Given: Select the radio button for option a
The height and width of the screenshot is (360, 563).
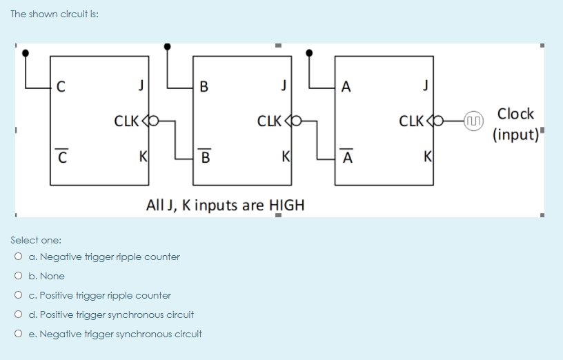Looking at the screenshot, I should pyautogui.click(x=16, y=257).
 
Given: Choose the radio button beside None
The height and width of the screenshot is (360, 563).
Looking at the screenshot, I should pyautogui.click(x=16, y=277).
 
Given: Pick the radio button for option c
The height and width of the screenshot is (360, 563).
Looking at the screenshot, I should pyautogui.click(x=16, y=296).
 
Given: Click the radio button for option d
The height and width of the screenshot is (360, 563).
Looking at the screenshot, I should pyautogui.click(x=16, y=315).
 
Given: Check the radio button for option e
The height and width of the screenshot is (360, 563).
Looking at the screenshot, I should pyautogui.click(x=16, y=334).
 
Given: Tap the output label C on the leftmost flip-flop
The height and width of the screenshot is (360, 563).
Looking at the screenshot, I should pyautogui.click(x=61, y=87).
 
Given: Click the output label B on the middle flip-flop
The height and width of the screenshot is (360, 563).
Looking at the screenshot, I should pyautogui.click(x=203, y=87).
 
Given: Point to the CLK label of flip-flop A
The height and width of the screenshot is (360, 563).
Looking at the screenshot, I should pyautogui.click(x=412, y=122).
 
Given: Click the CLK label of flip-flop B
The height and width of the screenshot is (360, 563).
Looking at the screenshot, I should pyautogui.click(x=268, y=122).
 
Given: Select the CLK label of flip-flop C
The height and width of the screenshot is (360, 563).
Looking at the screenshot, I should pyautogui.click(x=126, y=122).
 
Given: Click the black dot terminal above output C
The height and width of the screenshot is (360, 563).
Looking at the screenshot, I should pyautogui.click(x=26, y=52).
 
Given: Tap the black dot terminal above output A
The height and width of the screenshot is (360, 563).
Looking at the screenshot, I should pyautogui.click(x=308, y=52).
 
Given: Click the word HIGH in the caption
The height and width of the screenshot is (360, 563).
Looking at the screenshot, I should pyautogui.click(x=286, y=206).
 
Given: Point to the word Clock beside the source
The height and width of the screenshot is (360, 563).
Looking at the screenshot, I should pyautogui.click(x=515, y=114).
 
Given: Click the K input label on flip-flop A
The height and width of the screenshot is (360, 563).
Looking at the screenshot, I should pyautogui.click(x=428, y=155).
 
